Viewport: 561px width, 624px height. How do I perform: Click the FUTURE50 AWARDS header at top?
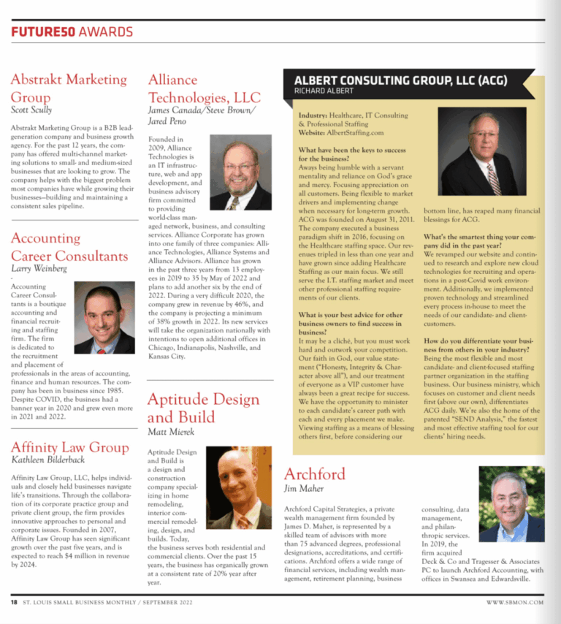tap(72, 31)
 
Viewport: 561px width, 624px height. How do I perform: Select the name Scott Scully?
tap(31, 110)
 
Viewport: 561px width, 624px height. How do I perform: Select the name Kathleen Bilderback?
tap(48, 461)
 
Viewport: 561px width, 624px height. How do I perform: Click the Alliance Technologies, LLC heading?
tap(204, 88)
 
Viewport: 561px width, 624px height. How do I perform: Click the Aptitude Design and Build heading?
tap(203, 408)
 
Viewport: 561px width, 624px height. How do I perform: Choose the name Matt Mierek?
tap(172, 433)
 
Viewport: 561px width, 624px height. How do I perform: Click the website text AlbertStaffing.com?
tap(356, 133)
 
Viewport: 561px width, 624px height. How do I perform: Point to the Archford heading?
tap(315, 473)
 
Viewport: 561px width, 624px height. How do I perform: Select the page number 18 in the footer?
tap(14, 602)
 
